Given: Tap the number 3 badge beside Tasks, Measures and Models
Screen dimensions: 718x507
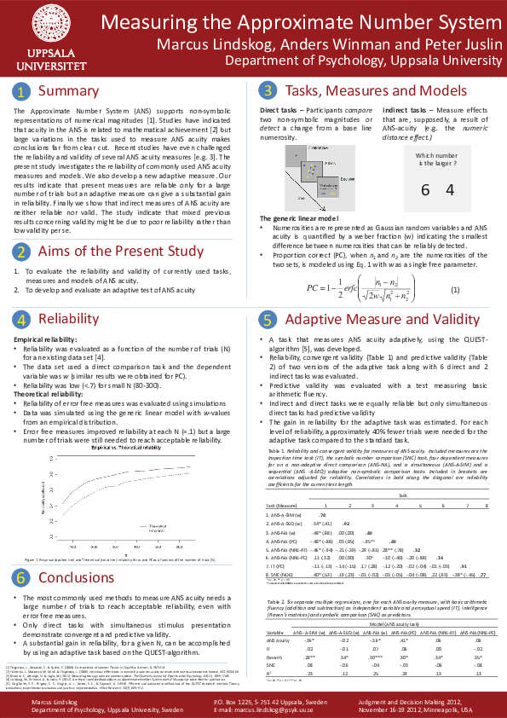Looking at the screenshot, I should pos(268,91).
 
